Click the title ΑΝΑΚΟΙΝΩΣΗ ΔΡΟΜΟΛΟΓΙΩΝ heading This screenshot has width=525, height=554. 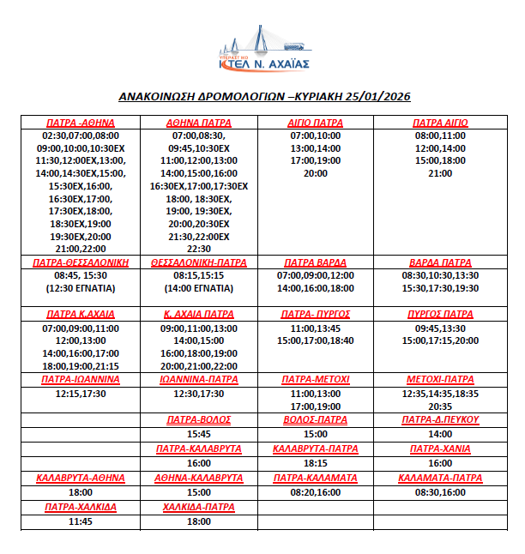tap(262, 98)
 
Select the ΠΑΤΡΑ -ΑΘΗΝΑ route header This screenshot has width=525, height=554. tap(80, 123)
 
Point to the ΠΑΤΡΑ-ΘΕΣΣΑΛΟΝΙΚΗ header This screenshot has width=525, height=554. tap(80, 262)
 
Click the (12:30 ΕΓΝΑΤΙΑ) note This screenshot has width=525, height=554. tap(80, 289)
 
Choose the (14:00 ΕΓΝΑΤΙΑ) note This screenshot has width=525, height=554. tap(198, 289)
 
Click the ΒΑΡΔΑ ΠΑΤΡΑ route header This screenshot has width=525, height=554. tap(440, 262)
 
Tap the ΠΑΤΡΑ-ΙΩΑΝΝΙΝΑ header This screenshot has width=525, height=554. tap(80, 379)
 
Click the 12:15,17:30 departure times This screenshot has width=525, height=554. tap(80, 394)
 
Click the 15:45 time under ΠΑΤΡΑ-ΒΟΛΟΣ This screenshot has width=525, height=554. tap(198, 434)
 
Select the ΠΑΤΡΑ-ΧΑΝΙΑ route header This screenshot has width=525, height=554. tap(440, 449)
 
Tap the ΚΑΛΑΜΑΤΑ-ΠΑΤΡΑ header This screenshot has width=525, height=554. tap(440, 478)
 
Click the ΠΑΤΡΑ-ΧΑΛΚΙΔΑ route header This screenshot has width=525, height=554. tap(80, 507)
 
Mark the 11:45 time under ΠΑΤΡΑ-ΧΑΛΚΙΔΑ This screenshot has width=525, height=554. tap(80, 521)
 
